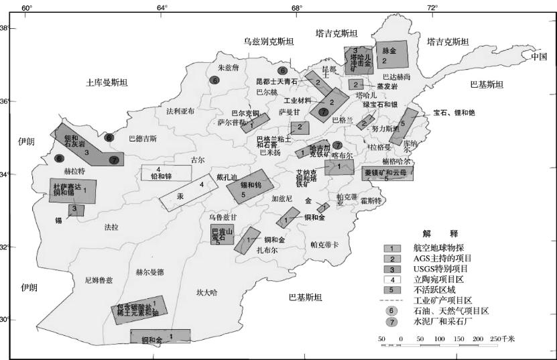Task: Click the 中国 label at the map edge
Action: pos(539,56)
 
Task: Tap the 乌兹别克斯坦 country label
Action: pos(268,42)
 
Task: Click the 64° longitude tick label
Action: pos(162,7)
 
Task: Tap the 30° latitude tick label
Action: pos(5,320)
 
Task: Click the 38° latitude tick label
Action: pos(5,28)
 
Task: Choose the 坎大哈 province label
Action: pos(207,292)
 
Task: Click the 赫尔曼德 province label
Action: pos(149,272)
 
